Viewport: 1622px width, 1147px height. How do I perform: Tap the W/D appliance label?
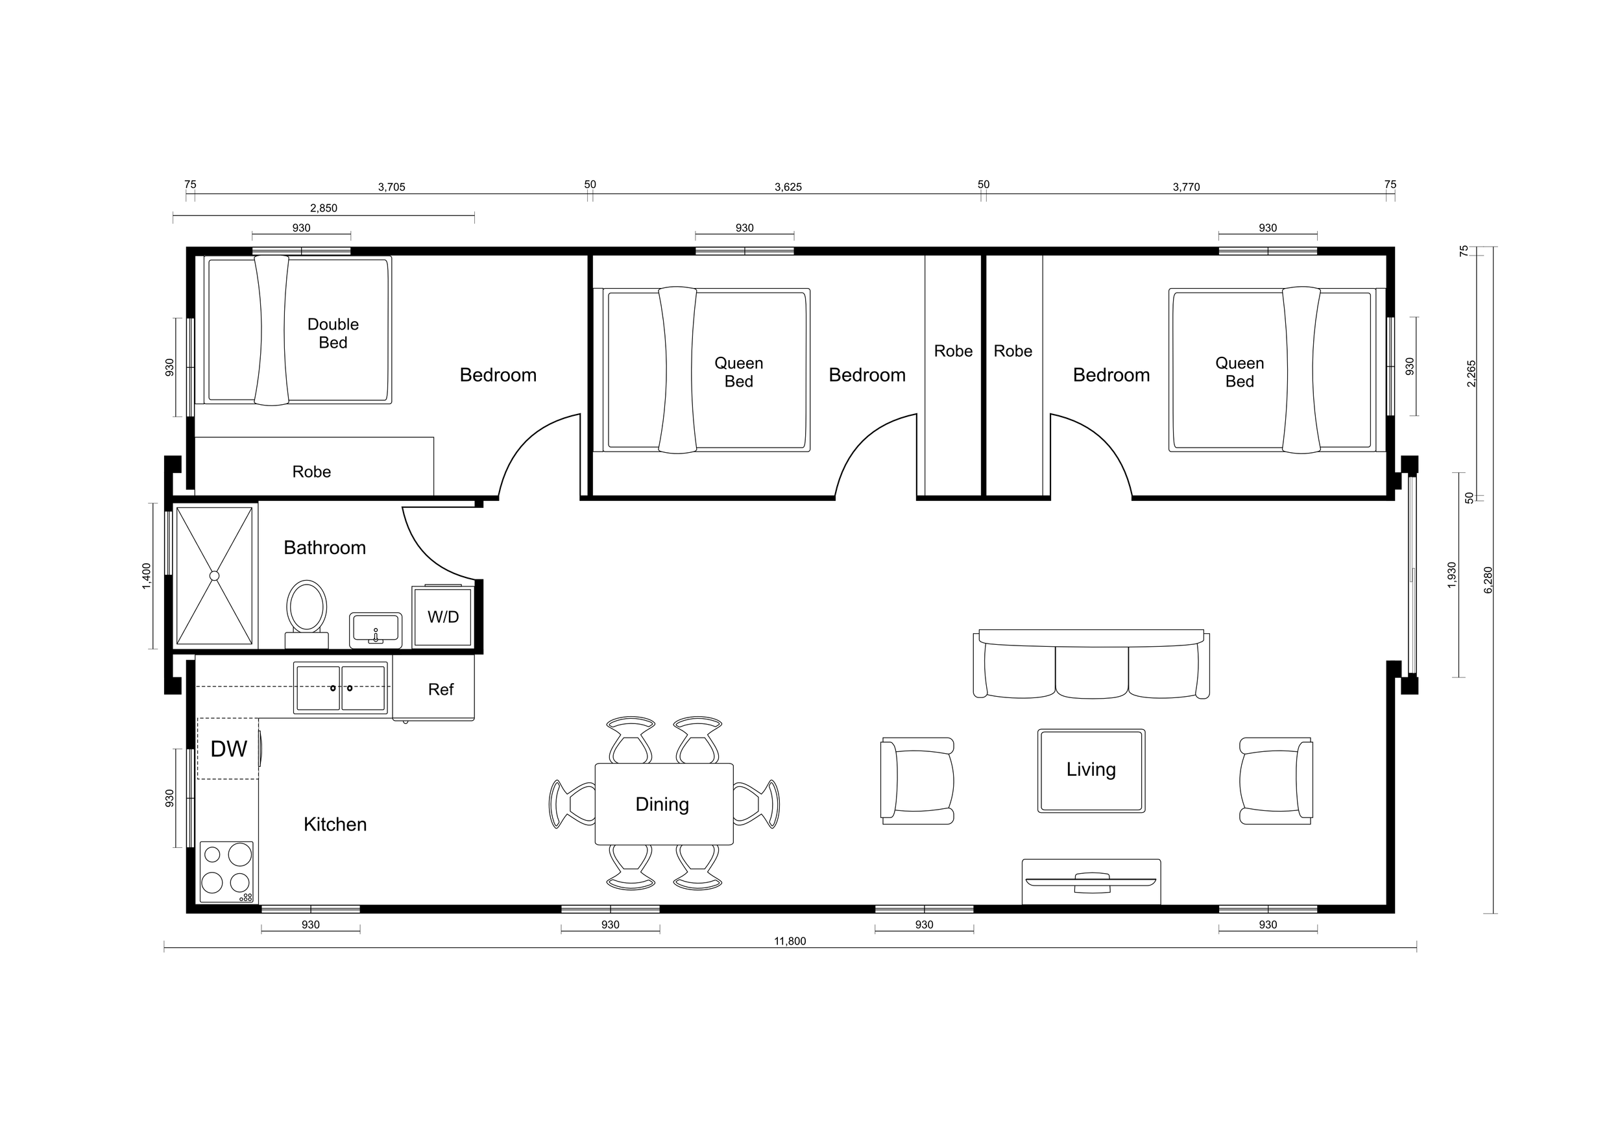pos(443,616)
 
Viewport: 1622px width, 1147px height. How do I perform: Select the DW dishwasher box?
pos(228,749)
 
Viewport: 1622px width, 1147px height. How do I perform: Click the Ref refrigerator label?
pos(440,690)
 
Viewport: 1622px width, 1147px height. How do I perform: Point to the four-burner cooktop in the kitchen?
pos(226,871)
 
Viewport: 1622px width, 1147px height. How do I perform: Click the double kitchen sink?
pos(341,687)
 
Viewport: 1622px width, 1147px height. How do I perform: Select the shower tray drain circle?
pos(214,575)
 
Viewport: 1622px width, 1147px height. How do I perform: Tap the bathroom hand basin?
pos(375,629)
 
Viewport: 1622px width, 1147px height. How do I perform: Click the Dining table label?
pos(662,804)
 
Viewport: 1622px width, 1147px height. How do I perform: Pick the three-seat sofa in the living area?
pos(1091,666)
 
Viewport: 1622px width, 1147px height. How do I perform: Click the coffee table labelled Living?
pos(1091,770)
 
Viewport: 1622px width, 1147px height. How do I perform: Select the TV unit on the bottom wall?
pos(1091,882)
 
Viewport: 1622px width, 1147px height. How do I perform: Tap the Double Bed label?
pos(333,333)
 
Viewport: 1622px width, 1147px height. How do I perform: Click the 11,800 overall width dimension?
pos(790,941)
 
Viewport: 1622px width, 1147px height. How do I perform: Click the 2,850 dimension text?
pos(324,208)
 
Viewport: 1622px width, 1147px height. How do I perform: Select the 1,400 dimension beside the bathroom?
pos(146,575)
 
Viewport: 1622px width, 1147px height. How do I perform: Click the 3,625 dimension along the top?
pos(788,187)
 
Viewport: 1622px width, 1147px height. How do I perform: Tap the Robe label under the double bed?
pos(311,472)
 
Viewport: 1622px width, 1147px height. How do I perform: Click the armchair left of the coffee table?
pos(917,780)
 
